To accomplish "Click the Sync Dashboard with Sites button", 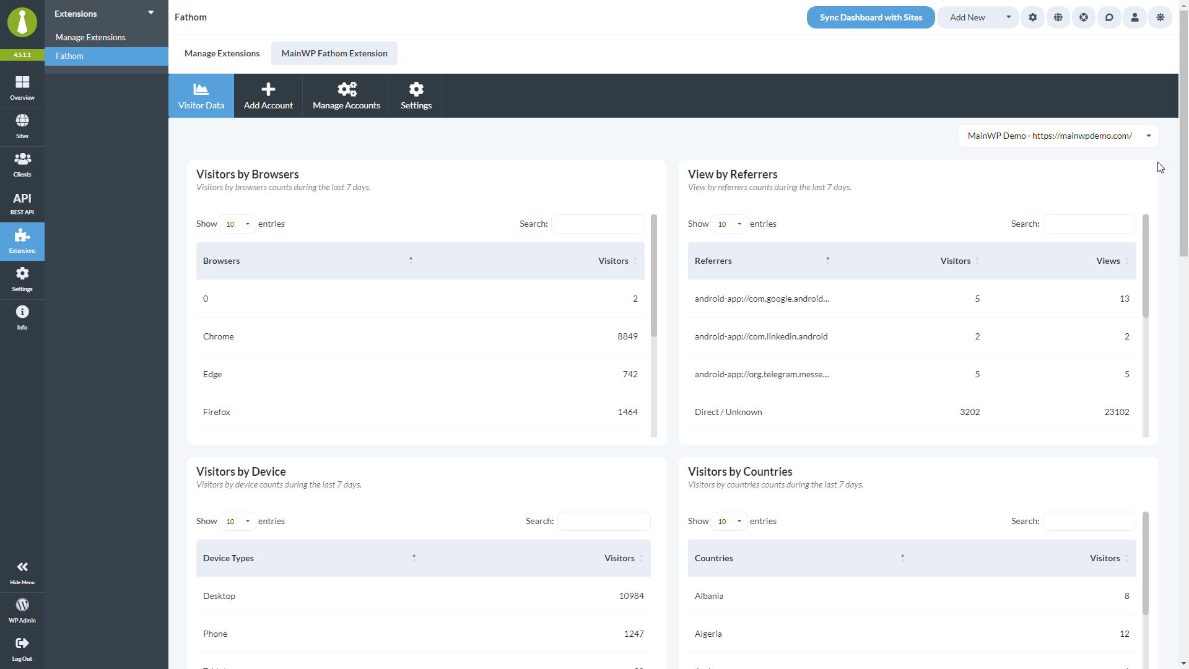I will (x=870, y=17).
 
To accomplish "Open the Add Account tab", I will (x=268, y=96).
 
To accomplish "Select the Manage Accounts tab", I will (x=346, y=96).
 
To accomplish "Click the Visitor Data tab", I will (x=201, y=96).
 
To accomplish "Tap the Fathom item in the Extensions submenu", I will (x=69, y=56).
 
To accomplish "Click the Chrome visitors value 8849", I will (x=627, y=336).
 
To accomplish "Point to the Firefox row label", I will (x=217, y=412).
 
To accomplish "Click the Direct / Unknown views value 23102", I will (x=1117, y=412).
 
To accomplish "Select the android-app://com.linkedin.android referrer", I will (x=761, y=336).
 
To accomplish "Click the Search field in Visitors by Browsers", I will (x=598, y=224).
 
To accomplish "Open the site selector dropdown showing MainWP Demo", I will (x=1058, y=136).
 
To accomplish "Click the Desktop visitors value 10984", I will (x=631, y=596).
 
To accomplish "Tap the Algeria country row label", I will (x=708, y=634).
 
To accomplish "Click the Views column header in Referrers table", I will (x=1108, y=261).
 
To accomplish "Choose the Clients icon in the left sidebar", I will (x=22, y=165).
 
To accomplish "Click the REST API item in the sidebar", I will (x=22, y=203).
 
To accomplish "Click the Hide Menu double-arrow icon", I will (x=22, y=567).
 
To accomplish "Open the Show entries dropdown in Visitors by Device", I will (x=237, y=522).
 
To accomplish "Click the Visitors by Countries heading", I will (x=740, y=471).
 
